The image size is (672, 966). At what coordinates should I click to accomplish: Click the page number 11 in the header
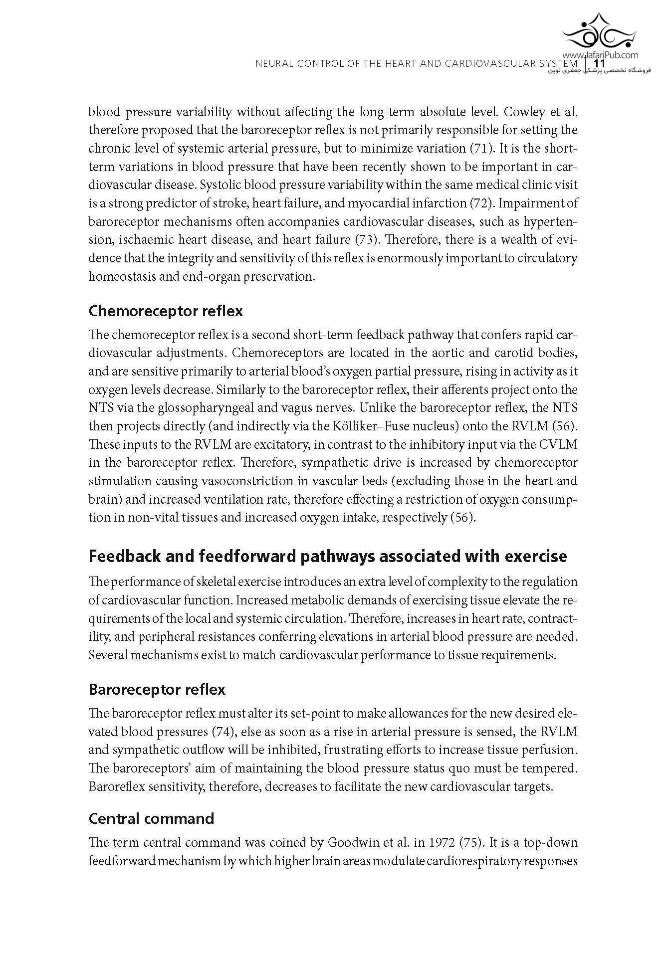[599, 64]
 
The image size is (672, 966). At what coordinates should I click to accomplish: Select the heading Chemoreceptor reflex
[165, 311]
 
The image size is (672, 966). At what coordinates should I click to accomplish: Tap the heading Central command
[151, 818]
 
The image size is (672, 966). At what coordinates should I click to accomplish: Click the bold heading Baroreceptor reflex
[157, 690]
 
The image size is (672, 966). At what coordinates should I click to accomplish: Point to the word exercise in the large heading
[536, 556]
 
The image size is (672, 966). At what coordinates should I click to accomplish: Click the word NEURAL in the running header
[271, 64]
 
